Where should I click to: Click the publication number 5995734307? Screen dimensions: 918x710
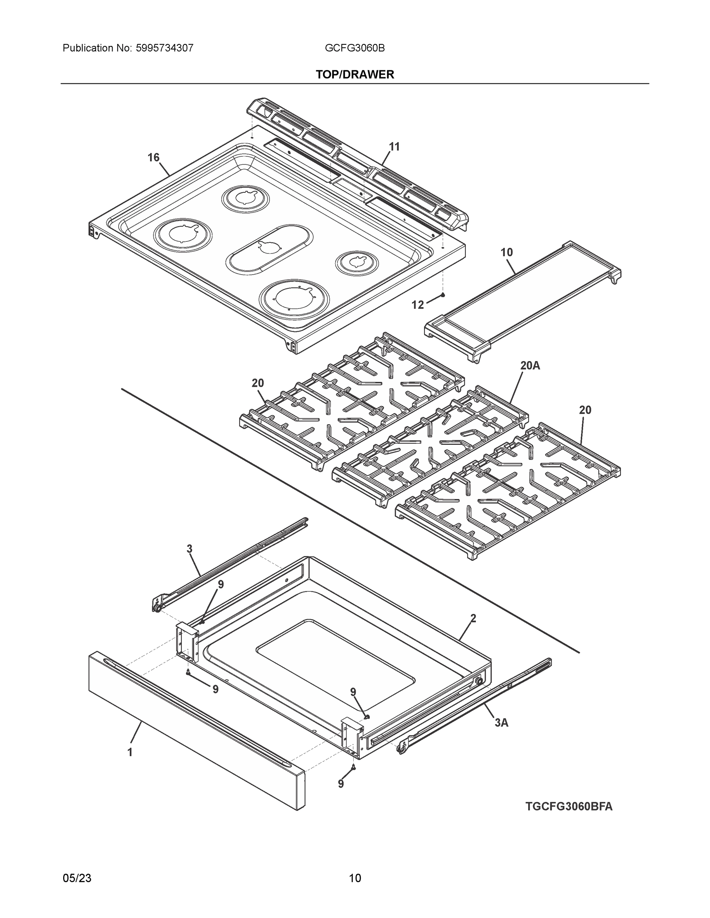pyautogui.click(x=165, y=48)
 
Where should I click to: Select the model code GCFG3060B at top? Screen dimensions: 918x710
pyautogui.click(x=354, y=48)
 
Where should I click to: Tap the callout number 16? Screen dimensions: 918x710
pyautogui.click(x=153, y=158)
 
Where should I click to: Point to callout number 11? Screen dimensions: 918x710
pyautogui.click(x=394, y=147)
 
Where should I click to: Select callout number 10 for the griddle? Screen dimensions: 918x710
pyautogui.click(x=506, y=252)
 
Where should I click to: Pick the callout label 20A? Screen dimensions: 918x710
pyautogui.click(x=530, y=366)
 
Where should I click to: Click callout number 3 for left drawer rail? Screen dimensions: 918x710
pyautogui.click(x=190, y=549)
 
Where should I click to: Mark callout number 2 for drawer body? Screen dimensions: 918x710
pyautogui.click(x=473, y=618)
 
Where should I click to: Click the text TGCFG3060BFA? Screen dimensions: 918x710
pyautogui.click(x=569, y=807)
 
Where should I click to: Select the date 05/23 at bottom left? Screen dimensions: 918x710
pyautogui.click(x=77, y=878)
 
